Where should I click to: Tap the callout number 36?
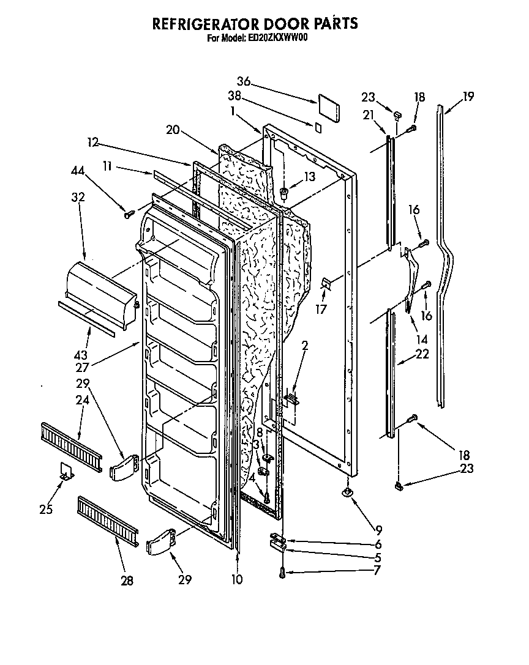coord(244,81)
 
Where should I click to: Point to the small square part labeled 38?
coord(318,128)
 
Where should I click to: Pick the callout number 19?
coord(468,95)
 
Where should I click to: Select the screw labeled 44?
coord(129,214)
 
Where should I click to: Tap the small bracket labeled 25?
coord(66,471)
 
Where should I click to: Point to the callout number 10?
coord(237,579)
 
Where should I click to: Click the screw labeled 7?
coord(282,573)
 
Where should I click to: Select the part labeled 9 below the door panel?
coord(348,493)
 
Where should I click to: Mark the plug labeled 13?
coord(284,194)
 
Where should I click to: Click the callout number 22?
coord(422,354)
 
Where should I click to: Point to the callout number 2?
coord(305,346)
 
